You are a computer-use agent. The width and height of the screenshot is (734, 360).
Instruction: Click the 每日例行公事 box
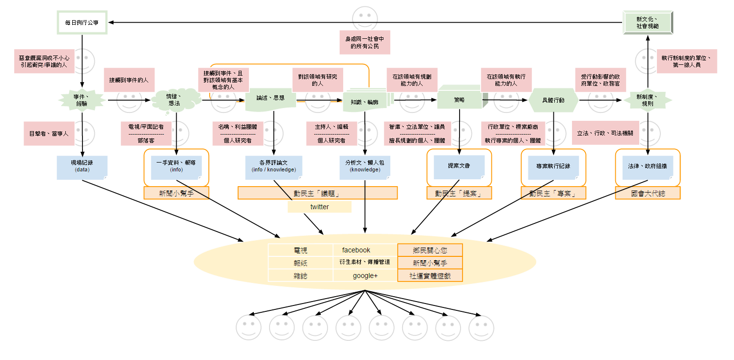pos(82,22)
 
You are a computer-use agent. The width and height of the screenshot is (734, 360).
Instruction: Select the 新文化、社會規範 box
pos(647,22)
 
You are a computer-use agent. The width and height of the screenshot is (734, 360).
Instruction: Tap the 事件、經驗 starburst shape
pos(82,100)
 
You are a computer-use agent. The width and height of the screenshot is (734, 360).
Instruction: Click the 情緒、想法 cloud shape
pos(176,100)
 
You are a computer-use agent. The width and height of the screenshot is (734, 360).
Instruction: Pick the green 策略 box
pos(459,100)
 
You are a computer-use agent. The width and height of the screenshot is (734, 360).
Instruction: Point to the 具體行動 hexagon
pos(553,100)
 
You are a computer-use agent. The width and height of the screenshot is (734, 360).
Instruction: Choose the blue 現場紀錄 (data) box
pos(82,167)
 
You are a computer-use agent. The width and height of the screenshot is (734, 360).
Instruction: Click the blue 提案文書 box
pos(459,166)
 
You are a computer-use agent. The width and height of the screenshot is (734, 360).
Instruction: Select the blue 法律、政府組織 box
pos(648,166)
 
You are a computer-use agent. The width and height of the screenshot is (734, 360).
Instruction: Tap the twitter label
pos(320,207)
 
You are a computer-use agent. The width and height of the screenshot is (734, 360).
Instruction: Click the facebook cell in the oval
pos(356,250)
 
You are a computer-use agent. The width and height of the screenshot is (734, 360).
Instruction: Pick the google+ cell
pos(365,276)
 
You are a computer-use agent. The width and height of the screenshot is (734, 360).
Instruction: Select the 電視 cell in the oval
pos(300,250)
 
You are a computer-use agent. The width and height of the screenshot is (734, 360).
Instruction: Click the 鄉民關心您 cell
pos(430,250)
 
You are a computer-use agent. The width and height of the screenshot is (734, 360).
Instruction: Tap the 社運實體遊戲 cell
pos(430,276)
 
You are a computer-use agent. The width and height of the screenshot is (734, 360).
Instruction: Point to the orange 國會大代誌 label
pos(648,193)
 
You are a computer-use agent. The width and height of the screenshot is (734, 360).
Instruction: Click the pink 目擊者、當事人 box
pos(49,134)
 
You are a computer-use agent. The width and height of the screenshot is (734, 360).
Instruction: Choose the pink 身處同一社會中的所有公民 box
pos(365,42)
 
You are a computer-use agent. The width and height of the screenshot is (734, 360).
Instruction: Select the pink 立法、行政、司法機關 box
pos(605,134)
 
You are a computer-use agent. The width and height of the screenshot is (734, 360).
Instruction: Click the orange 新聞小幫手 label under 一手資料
pos(176,193)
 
